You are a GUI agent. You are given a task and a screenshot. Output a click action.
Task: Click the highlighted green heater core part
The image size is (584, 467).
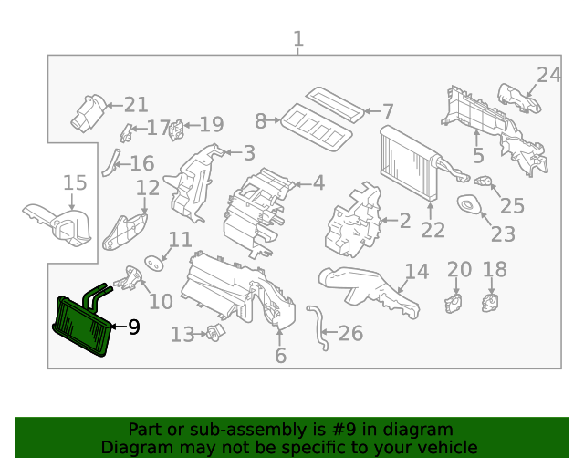click(x=82, y=326)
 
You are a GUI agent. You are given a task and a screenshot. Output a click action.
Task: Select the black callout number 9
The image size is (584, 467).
click(x=133, y=327)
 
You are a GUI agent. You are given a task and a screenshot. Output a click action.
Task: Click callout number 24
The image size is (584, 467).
click(x=548, y=75)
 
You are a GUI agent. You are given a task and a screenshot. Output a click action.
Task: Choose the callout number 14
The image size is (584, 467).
click(x=416, y=272)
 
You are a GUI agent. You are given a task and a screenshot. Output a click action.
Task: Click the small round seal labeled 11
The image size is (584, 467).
click(x=152, y=263)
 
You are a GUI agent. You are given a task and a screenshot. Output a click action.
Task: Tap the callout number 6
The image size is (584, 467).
click(x=280, y=356)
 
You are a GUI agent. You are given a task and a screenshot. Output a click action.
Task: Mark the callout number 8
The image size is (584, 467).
click(x=261, y=120)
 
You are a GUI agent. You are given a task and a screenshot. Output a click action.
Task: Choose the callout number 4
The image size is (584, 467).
click(x=318, y=183)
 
